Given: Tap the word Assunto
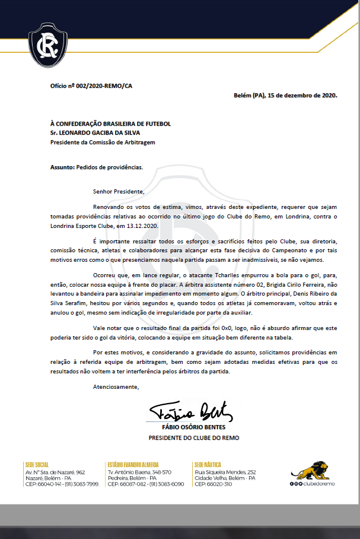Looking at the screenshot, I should click(x=62, y=167).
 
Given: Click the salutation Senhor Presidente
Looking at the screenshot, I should click(x=119, y=192).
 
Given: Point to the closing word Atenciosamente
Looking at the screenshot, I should click(x=116, y=387).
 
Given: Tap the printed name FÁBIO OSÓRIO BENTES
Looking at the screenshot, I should click(x=193, y=427).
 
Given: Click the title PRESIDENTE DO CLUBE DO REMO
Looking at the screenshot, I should click(x=194, y=438).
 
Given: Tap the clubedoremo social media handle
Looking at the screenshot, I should click(x=320, y=484).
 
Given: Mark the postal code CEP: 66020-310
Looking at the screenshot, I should click(x=215, y=484).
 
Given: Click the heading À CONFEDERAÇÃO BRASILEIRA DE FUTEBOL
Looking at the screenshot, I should click(x=110, y=123).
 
